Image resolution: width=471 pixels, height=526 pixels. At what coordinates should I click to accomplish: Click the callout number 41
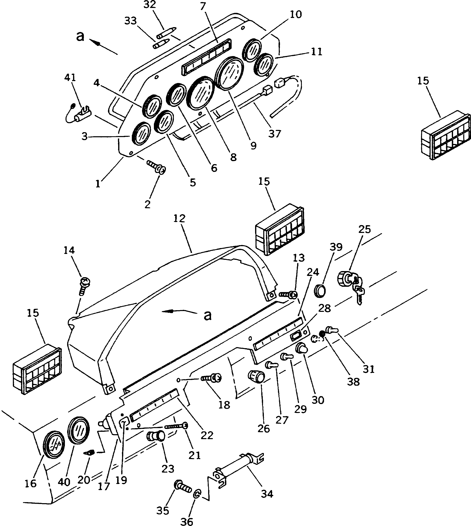(70, 77)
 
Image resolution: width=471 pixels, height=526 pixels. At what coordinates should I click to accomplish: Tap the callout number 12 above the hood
(179, 218)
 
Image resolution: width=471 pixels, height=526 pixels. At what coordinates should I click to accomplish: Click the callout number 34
(267, 494)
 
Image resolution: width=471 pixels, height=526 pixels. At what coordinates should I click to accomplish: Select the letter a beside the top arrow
(80, 37)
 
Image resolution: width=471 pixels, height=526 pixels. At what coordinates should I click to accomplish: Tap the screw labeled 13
(288, 294)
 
